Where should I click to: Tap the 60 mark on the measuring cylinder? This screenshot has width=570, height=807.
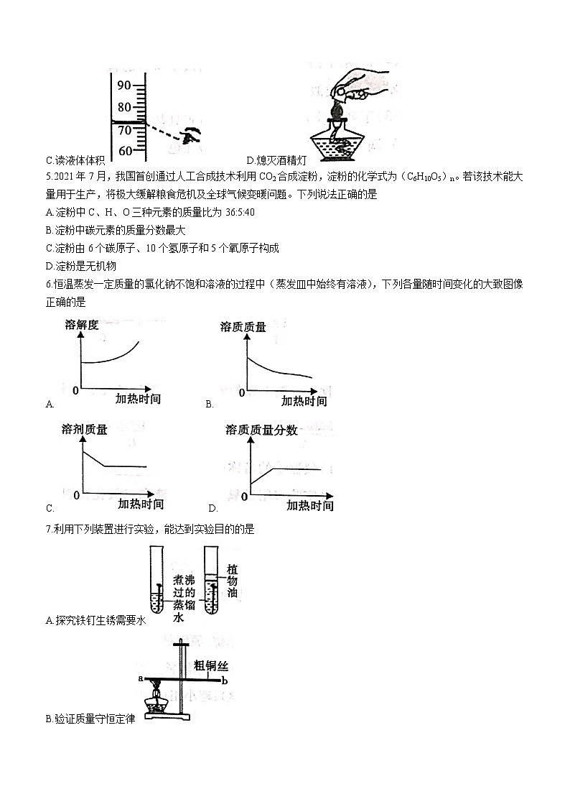[125, 151]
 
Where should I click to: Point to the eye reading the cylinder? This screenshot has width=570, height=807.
[190, 135]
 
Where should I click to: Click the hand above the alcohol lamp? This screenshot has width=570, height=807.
[358, 87]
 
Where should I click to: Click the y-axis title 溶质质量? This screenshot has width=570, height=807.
[243, 327]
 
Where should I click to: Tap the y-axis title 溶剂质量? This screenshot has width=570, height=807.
[85, 430]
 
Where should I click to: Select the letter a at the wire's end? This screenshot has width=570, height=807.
[141, 678]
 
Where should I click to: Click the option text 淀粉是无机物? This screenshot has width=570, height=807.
[80, 266]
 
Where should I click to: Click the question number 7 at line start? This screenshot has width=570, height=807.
[47, 530]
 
